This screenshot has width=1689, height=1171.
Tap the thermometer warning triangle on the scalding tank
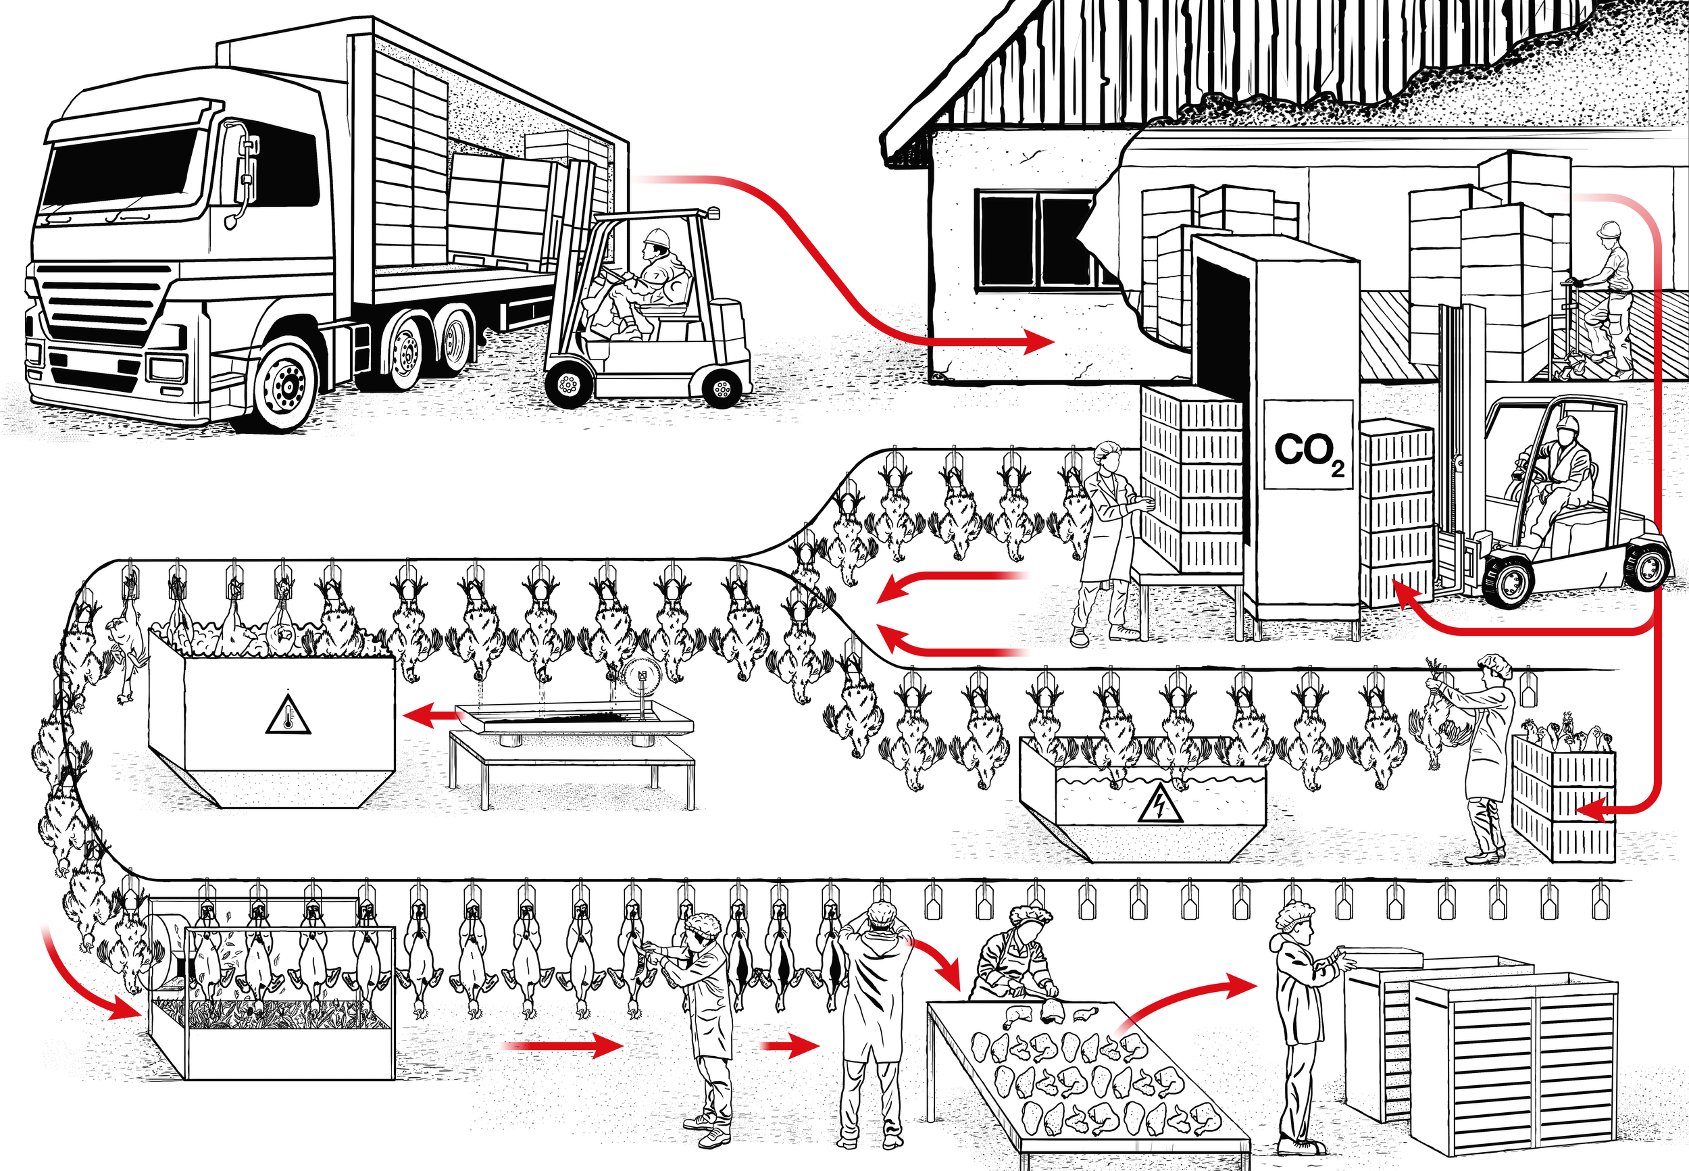288,714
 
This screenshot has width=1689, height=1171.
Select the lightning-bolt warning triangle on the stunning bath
1159,807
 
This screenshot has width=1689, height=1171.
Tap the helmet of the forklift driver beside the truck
657,236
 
